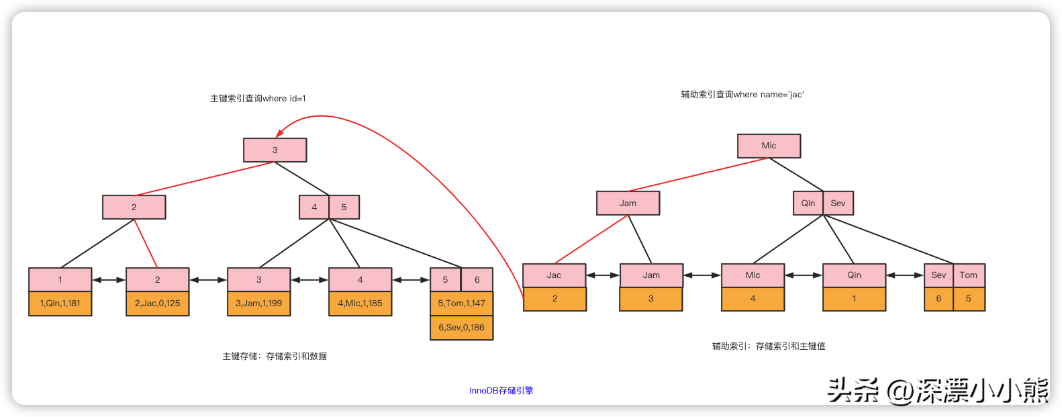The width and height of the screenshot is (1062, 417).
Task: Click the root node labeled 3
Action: pyautogui.click(x=275, y=150)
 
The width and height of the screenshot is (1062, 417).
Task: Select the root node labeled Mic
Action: pyautogui.click(x=769, y=146)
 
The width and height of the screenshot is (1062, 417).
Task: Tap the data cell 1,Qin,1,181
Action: pyautogui.click(x=60, y=304)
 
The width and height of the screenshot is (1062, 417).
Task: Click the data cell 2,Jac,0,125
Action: pyautogui.click(x=157, y=304)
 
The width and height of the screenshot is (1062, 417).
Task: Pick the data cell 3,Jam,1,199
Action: pyautogui.click(x=258, y=304)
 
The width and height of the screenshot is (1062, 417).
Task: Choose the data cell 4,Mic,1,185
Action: pyautogui.click(x=360, y=304)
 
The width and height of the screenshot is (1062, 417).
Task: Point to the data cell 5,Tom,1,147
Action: pyautogui.click(x=461, y=304)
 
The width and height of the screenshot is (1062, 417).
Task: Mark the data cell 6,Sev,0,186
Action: pyautogui.click(x=461, y=328)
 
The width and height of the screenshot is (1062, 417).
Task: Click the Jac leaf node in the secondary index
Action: pyautogui.click(x=554, y=275)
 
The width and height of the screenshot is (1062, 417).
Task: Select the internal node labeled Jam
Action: pyautogui.click(x=628, y=203)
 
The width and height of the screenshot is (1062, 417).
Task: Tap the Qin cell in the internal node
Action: pyautogui.click(x=808, y=203)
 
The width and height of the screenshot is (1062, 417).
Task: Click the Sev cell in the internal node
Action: pyautogui.click(x=838, y=203)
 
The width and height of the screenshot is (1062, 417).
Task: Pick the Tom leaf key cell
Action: pyautogui.click(x=968, y=275)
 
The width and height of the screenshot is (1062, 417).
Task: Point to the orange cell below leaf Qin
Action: pyautogui.click(x=854, y=299)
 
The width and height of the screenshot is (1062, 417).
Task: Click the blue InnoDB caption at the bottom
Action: pyautogui.click(x=501, y=391)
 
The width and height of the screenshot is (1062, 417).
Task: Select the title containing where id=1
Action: pyautogui.click(x=258, y=99)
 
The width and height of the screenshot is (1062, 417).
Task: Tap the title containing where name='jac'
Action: pyautogui.click(x=742, y=95)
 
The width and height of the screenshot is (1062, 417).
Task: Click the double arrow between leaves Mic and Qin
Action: pyautogui.click(x=804, y=275)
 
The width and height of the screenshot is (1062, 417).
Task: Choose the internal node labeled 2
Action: pyautogui.click(x=134, y=207)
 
